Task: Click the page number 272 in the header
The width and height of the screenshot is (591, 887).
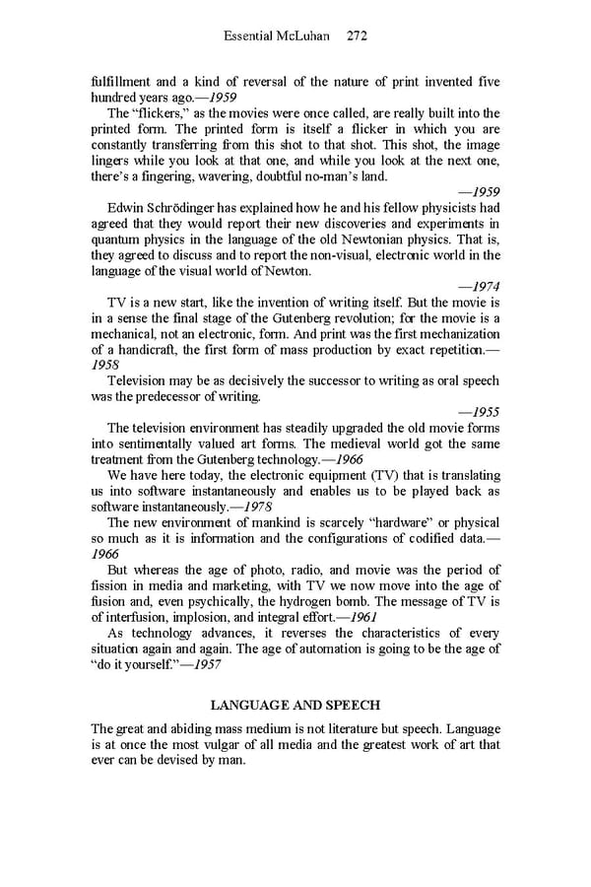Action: coord(357,36)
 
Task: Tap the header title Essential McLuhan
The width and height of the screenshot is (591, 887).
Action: coord(278,36)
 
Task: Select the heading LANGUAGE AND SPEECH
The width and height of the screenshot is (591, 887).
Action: coord(295,705)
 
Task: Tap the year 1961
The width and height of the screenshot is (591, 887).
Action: coord(358,616)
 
